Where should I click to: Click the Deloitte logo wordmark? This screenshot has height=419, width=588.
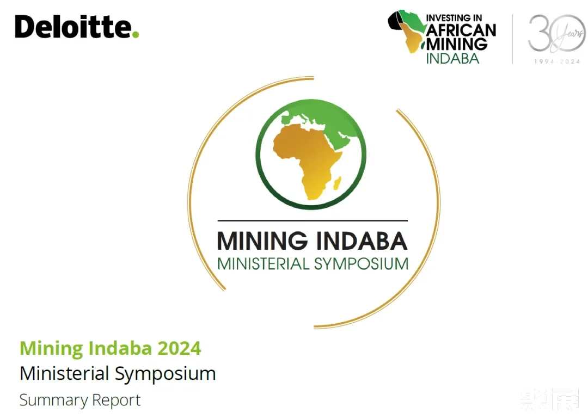click(73, 27)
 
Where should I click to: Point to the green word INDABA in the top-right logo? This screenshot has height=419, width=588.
click(452, 58)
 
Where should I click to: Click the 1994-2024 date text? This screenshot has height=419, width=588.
click(557, 61)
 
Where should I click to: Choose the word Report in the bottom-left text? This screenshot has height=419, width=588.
click(116, 400)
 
